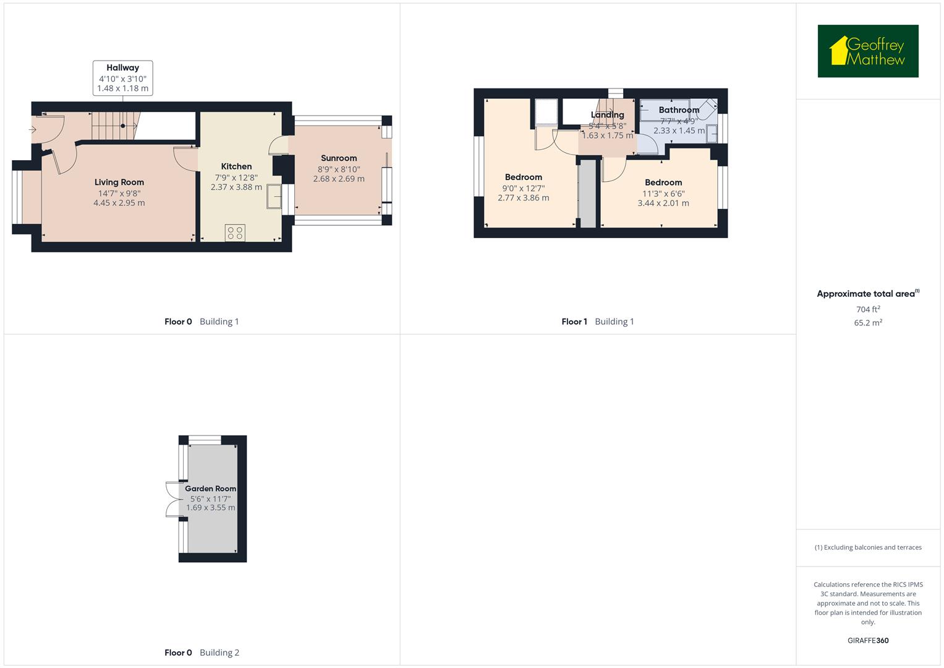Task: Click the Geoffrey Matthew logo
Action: pyautogui.click(x=867, y=51)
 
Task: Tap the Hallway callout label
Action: pyautogui.click(x=122, y=78)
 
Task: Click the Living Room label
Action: pyautogui.click(x=119, y=182)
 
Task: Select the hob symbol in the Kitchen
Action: pyautogui.click(x=235, y=233)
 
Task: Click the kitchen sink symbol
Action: pyautogui.click(x=273, y=197)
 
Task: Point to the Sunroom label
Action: pyautogui.click(x=338, y=158)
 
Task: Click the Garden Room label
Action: pyautogui.click(x=210, y=489)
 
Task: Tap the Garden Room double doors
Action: pyautogui.click(x=171, y=499)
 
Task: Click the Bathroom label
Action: pyautogui.click(x=679, y=110)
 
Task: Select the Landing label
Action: pyautogui.click(x=607, y=115)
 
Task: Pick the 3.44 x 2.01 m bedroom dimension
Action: pyautogui.click(x=663, y=203)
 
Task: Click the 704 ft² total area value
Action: pyautogui.click(x=867, y=309)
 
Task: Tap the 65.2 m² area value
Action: pyautogui.click(x=867, y=322)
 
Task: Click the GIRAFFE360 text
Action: pyautogui.click(x=867, y=640)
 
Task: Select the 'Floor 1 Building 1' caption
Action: pyautogui.click(x=597, y=322)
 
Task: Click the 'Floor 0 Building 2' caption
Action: pyautogui.click(x=202, y=653)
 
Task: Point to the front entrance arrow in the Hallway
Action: pyautogui.click(x=32, y=129)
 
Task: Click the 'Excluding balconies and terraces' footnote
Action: pyautogui.click(x=867, y=547)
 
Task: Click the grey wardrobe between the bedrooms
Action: pyautogui.click(x=587, y=193)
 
